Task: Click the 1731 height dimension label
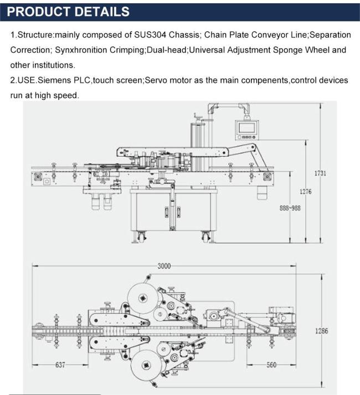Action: click(x=320, y=173)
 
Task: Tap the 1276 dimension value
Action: click(x=305, y=192)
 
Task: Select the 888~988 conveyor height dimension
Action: click(x=290, y=208)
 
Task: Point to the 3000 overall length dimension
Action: click(x=164, y=266)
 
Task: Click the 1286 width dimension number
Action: click(x=322, y=331)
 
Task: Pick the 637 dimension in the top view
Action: click(x=60, y=365)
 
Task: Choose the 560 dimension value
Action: click(x=271, y=365)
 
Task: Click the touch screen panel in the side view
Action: click(x=247, y=130)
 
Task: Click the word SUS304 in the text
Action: click(x=150, y=35)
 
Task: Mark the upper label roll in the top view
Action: click(x=143, y=298)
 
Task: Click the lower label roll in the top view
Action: click(x=146, y=365)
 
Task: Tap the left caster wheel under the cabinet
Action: click(x=141, y=237)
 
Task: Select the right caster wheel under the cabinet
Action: click(x=206, y=237)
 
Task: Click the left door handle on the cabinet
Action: click(x=167, y=212)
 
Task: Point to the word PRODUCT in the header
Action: click(x=39, y=12)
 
